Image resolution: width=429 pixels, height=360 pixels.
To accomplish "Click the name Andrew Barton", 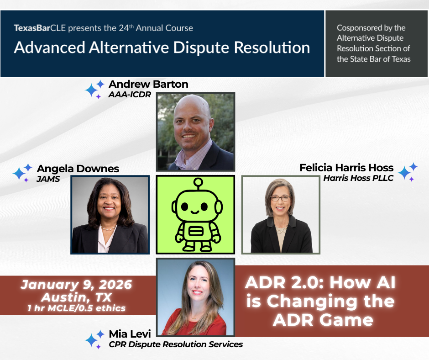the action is [148, 84].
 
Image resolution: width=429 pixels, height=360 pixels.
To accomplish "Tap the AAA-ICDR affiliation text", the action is [130, 95].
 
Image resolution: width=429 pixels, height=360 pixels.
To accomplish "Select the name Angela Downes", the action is [78, 169].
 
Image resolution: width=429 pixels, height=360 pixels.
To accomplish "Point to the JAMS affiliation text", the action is [48, 179].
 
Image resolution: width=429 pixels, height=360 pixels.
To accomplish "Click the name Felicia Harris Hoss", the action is [346, 168].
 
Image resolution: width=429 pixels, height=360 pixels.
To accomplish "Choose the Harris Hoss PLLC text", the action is [358, 178].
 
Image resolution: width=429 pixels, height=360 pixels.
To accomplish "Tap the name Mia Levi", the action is [130, 334].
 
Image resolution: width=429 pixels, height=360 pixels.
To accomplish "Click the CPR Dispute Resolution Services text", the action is [176, 344].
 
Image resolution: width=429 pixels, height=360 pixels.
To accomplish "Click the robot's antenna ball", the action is [198, 182].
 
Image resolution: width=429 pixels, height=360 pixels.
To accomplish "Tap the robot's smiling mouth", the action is [195, 212].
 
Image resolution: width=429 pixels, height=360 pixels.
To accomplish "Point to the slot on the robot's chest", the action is [195, 232].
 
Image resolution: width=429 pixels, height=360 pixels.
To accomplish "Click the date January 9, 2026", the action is [77, 285].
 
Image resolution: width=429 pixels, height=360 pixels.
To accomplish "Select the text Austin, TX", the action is [77, 297].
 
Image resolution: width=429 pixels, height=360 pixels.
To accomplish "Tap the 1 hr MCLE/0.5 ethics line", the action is [77, 308].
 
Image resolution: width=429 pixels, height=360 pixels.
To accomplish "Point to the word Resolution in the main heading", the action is [272, 48].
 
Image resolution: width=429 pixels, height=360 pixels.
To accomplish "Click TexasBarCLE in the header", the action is [40, 28].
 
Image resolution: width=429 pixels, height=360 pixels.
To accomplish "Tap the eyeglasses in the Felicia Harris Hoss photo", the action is [280, 198].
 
